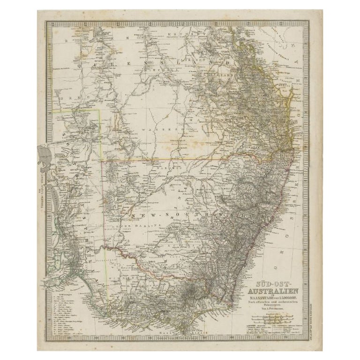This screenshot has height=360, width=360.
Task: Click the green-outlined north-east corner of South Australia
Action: (x=100, y=111)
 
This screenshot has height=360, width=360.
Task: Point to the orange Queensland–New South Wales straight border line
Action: (x=187, y=158)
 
